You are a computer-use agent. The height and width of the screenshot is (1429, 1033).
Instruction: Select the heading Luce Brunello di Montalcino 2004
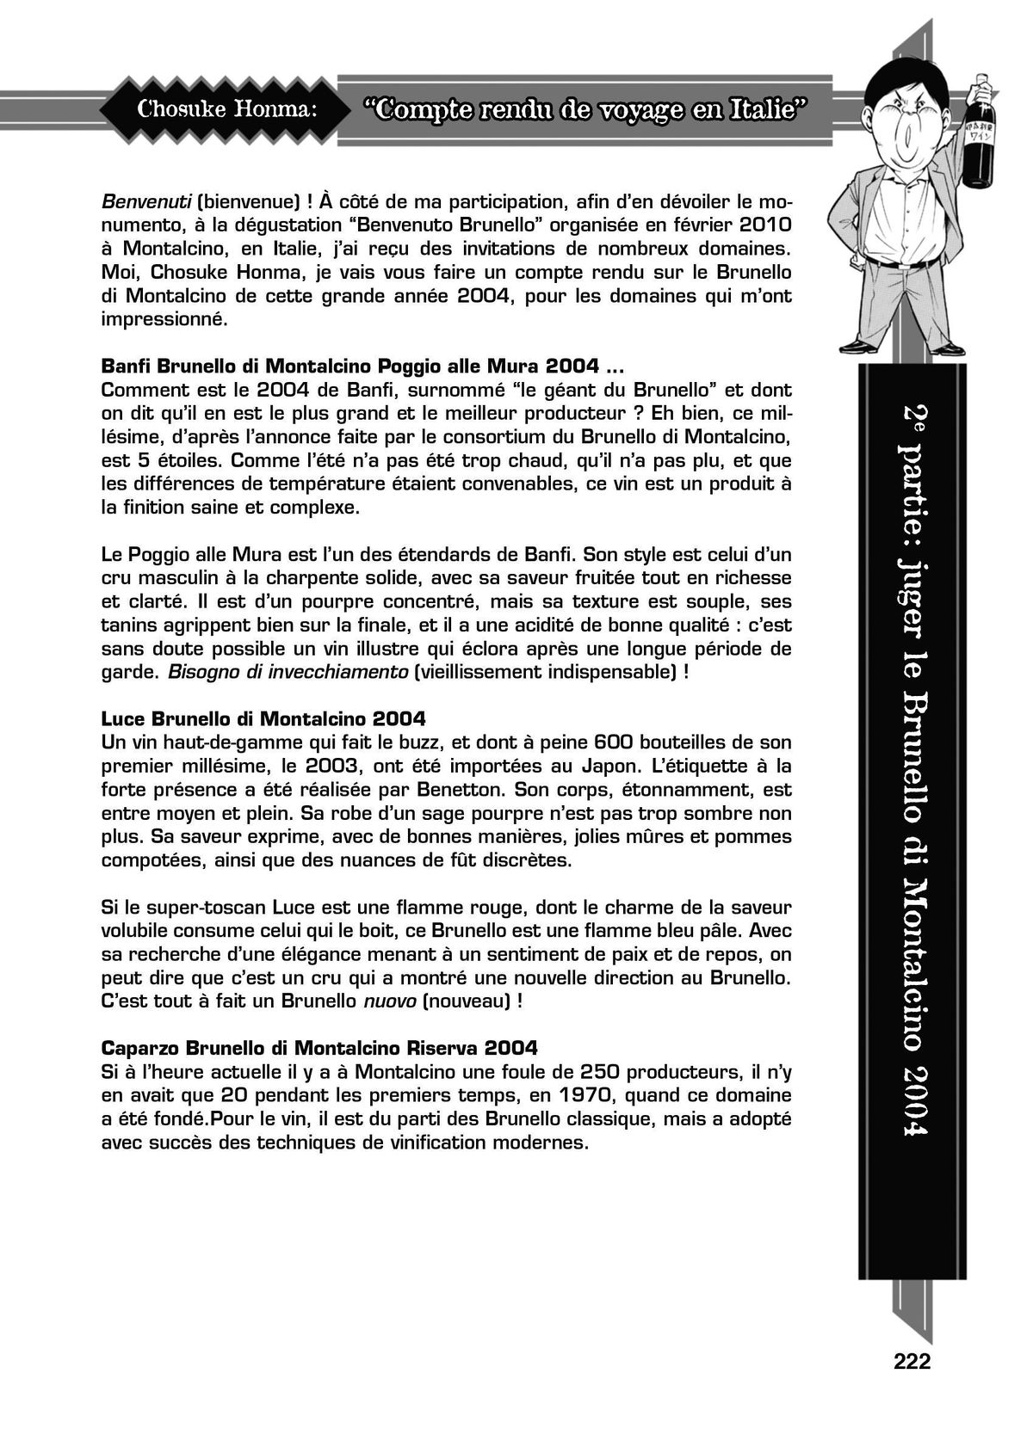pyautogui.click(x=263, y=718)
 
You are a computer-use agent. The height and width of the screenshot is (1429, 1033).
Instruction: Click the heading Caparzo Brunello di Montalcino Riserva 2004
pyautogui.click(x=319, y=1048)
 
